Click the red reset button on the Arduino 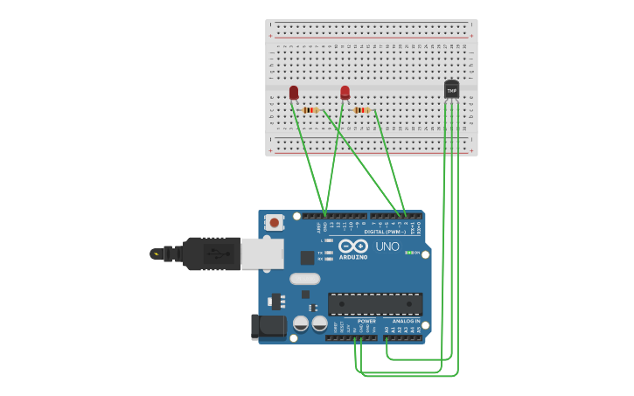[275, 223]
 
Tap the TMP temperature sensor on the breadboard [451, 89]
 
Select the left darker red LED [294, 92]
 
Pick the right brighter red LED [345, 92]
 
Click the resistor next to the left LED [310, 110]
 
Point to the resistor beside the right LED [362, 110]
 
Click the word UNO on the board [387, 247]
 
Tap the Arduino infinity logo [353, 247]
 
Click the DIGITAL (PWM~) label [385, 232]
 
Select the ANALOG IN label [405, 321]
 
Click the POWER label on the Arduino [366, 321]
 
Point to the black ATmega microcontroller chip [375, 304]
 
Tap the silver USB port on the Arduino [262, 254]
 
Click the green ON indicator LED [409, 253]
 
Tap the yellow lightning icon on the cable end [157, 254]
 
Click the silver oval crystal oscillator [304, 279]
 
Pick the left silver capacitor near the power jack [301, 323]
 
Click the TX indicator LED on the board [328, 252]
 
